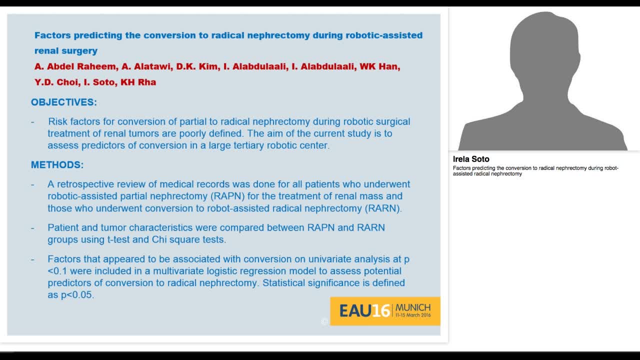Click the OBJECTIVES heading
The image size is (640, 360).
pyautogui.click(x=63, y=102)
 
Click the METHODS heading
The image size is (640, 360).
pyautogui.click(x=57, y=165)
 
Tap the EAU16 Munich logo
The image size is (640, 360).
pyautogui.click(x=384, y=310)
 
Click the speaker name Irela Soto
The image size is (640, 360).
pyautogui.click(x=471, y=159)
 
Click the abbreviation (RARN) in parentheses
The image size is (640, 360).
pyautogui.click(x=382, y=208)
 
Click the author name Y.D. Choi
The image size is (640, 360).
pyautogui.click(x=56, y=82)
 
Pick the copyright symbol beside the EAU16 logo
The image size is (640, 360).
pyautogui.click(x=324, y=322)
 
